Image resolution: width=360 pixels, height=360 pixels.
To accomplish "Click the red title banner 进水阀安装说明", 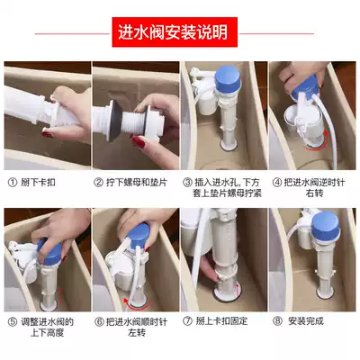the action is point(175,32).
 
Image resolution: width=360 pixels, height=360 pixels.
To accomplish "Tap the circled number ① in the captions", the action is point(13,183).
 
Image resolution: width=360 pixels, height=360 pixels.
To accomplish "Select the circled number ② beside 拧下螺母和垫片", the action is point(98,183).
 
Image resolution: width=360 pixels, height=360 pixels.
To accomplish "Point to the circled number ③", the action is point(187,183).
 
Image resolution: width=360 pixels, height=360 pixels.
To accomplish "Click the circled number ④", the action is point(276,183).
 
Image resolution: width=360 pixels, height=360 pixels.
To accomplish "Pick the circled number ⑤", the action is point(13,322).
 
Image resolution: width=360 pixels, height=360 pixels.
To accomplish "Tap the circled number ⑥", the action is point(99,322).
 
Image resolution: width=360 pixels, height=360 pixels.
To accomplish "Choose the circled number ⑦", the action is point(187,321).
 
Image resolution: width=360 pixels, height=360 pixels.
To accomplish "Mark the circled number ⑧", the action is point(277,321).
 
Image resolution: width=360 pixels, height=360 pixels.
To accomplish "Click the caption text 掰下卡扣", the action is point(38,183).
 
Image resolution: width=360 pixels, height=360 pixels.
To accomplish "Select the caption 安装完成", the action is point(306,321).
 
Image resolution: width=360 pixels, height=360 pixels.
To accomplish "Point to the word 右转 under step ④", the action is point(314,193).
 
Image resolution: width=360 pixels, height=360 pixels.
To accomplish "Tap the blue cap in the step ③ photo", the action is point(228,78).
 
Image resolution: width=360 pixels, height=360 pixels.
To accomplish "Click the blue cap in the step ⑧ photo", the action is point(326,226).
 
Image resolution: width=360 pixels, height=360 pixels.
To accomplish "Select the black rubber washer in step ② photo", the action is point(114,121).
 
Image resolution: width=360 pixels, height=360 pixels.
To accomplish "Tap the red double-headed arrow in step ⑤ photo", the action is point(60,295).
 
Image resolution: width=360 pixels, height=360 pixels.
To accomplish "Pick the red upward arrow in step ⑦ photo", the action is point(237,291).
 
